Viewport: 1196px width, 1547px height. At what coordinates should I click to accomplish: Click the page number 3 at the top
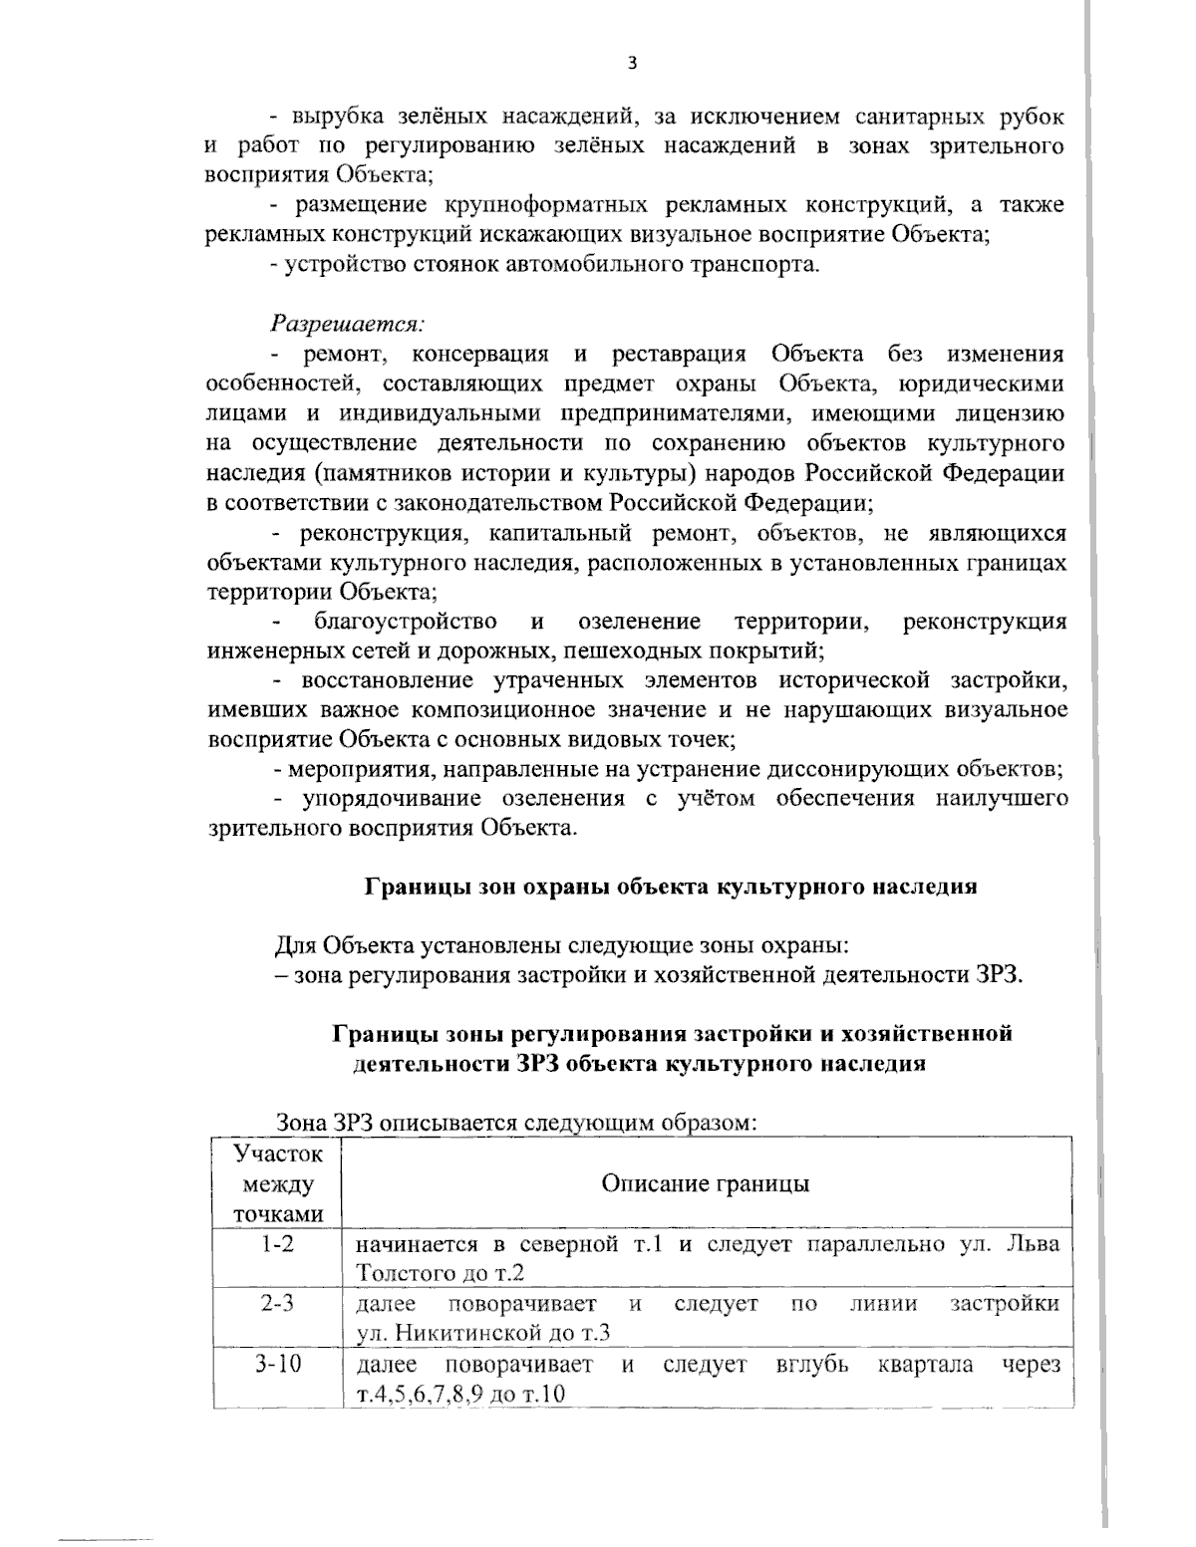point(631,64)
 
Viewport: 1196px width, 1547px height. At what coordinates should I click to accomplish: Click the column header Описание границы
point(706,1183)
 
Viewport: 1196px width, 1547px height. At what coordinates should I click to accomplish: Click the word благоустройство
point(406,623)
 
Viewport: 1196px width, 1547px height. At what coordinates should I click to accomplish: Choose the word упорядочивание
point(396,799)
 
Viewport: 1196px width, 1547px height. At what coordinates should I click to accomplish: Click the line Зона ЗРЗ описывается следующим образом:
point(518,1123)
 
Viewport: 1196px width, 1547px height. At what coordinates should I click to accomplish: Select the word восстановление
point(388,681)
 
